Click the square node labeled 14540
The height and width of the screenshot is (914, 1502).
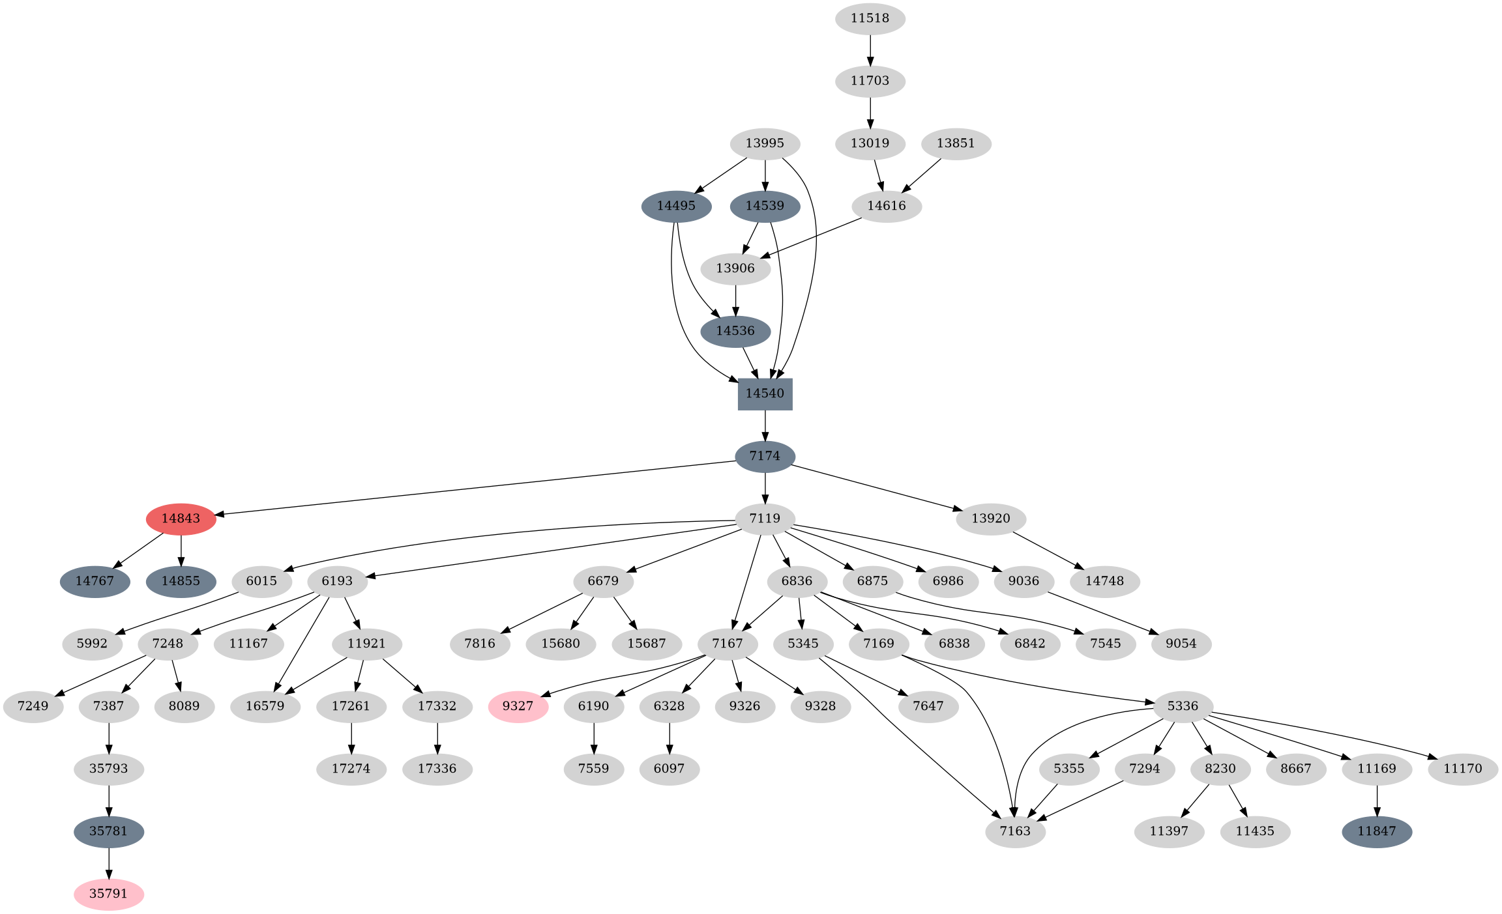(765, 393)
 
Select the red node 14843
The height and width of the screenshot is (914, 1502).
(181, 519)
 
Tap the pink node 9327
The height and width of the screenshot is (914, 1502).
(518, 706)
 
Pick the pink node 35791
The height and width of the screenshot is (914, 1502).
(108, 893)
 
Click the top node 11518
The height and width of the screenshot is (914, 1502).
(870, 18)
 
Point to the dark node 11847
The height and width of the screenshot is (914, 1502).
(1376, 831)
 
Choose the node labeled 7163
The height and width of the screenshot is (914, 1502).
(1015, 831)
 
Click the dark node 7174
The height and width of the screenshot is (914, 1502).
(765, 456)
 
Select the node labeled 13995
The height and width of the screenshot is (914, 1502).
(765, 143)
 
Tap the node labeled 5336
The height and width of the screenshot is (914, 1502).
(1183, 706)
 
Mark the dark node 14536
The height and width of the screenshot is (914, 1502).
(735, 331)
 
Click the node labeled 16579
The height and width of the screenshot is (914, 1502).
(265, 706)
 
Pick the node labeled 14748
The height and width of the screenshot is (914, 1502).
(1104, 581)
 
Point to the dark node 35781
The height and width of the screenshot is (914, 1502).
(108, 831)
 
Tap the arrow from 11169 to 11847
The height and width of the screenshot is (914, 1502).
(1376, 800)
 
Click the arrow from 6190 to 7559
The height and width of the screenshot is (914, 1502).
(593, 737)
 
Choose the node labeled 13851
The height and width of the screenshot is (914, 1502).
(956, 143)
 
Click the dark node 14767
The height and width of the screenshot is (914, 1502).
(95, 581)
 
